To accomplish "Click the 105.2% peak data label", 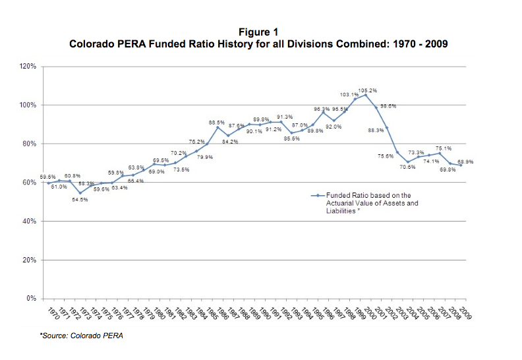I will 368,90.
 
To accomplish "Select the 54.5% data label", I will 80,199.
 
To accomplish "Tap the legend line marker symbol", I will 317,196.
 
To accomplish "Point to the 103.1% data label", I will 349,95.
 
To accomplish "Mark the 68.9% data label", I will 465,162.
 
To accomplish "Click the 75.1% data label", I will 443,148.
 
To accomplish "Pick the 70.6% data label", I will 407,167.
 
